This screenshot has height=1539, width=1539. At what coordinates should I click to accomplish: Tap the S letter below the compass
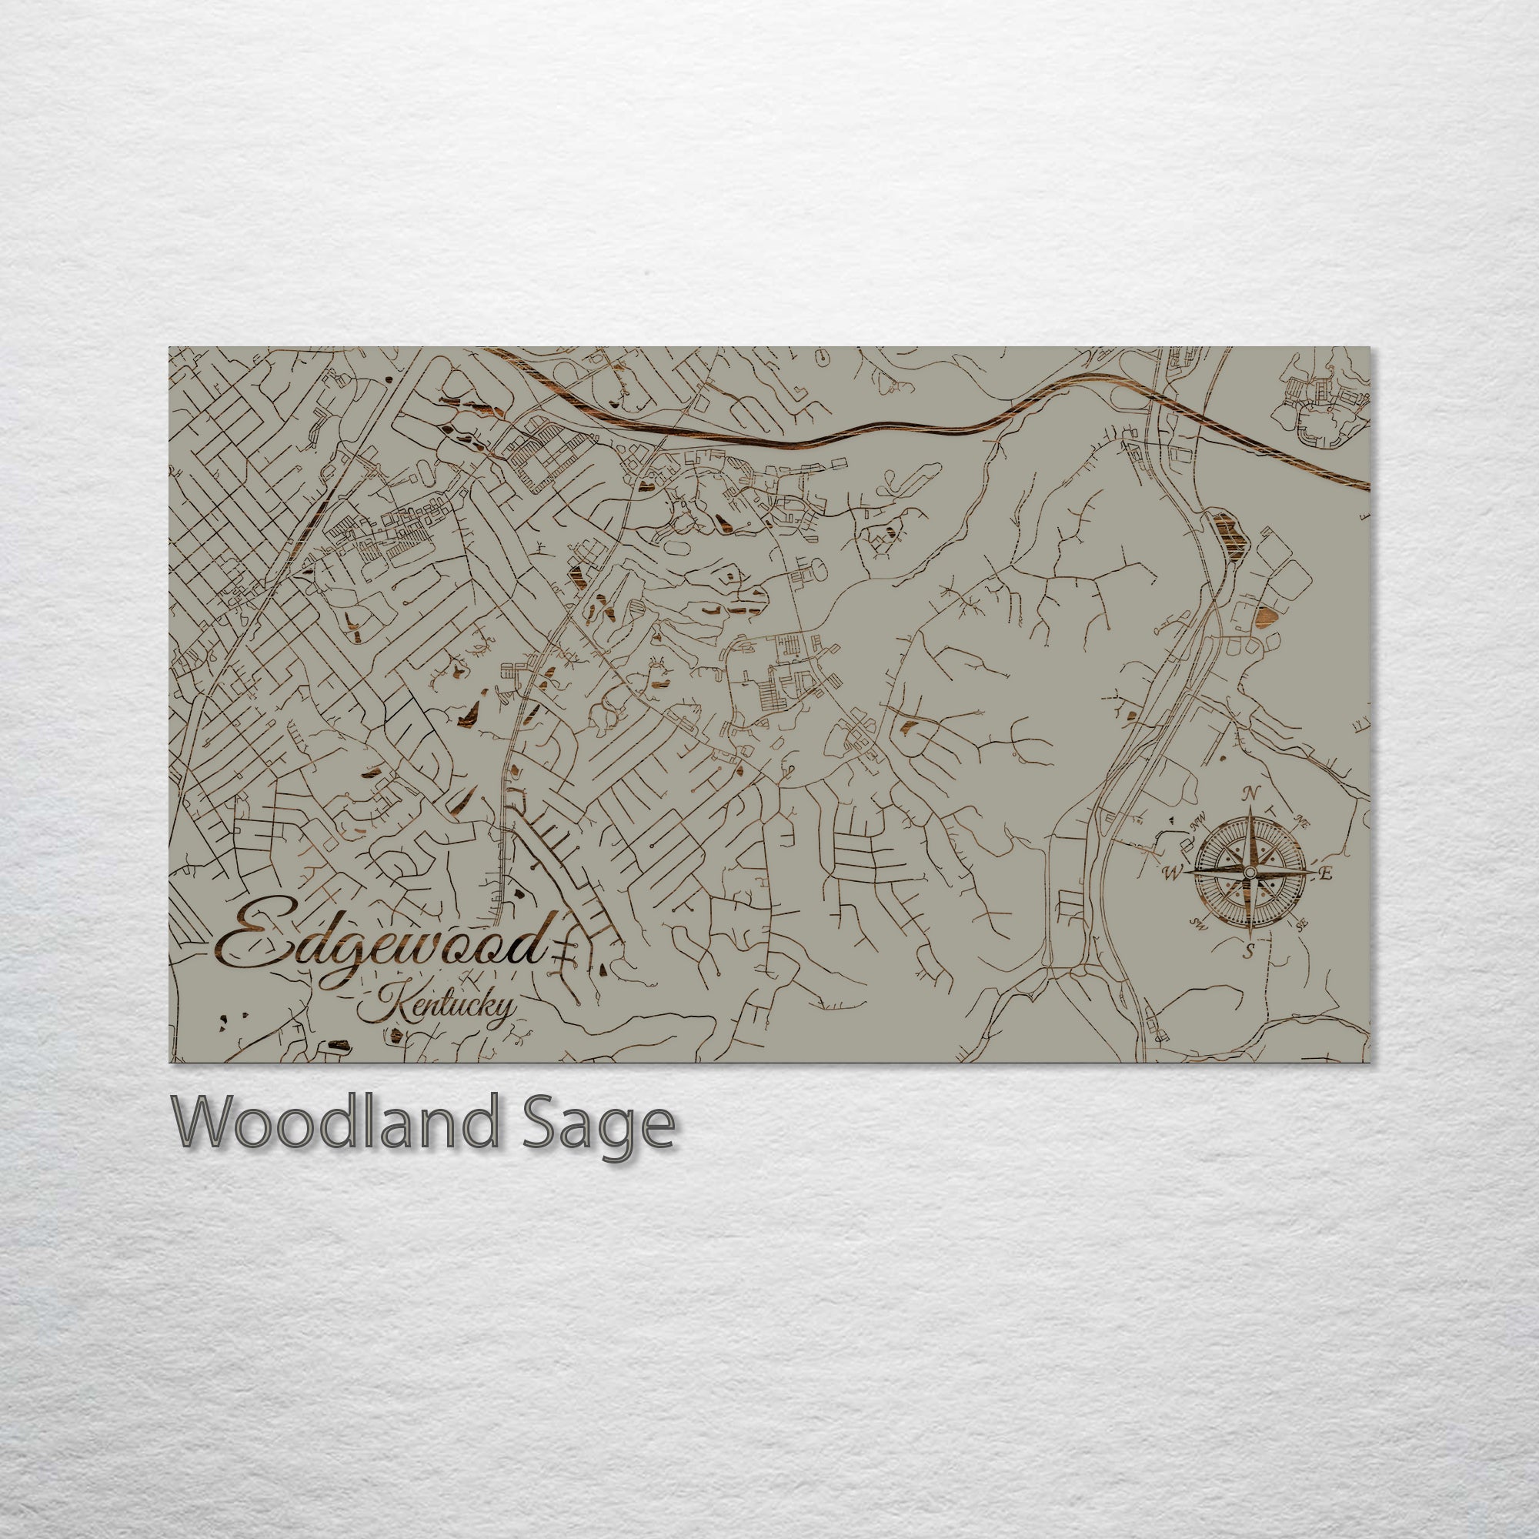tap(1249, 950)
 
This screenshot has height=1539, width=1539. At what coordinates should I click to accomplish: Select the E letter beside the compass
tap(1326, 874)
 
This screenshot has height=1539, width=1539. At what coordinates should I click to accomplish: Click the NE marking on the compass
tap(1304, 821)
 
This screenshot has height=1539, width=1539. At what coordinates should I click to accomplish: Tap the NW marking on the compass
tap(1196, 823)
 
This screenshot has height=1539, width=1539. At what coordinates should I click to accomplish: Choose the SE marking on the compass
tap(1302, 925)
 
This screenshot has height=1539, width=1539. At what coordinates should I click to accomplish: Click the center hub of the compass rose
tap(1249, 874)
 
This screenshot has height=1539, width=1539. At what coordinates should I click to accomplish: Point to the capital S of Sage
tap(542, 1123)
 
